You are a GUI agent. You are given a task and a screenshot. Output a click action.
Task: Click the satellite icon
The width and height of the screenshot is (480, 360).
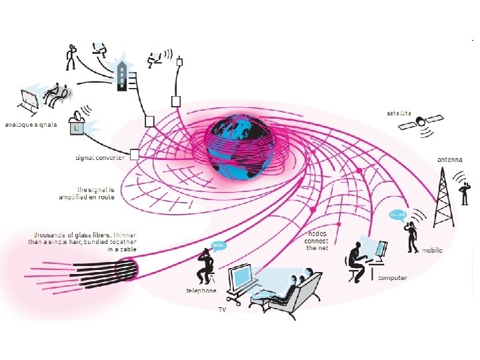423,123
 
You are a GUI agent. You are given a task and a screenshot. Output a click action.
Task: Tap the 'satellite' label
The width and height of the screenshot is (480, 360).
399,113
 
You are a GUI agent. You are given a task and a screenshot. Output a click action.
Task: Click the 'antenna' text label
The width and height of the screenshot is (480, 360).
451,160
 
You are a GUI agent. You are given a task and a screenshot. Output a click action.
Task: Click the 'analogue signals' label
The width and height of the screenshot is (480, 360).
31,125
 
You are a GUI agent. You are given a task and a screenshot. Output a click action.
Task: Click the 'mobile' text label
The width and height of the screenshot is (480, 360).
431,251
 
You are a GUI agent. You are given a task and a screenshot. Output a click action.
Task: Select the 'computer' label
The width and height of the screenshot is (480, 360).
393,277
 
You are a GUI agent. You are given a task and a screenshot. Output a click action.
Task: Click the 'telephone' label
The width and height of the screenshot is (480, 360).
201,291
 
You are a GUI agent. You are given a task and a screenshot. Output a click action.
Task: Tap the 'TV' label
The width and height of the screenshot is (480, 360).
223,310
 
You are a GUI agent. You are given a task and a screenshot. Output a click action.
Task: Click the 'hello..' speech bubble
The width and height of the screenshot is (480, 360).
219,245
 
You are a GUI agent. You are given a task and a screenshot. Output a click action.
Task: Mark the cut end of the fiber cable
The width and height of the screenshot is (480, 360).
127,269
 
